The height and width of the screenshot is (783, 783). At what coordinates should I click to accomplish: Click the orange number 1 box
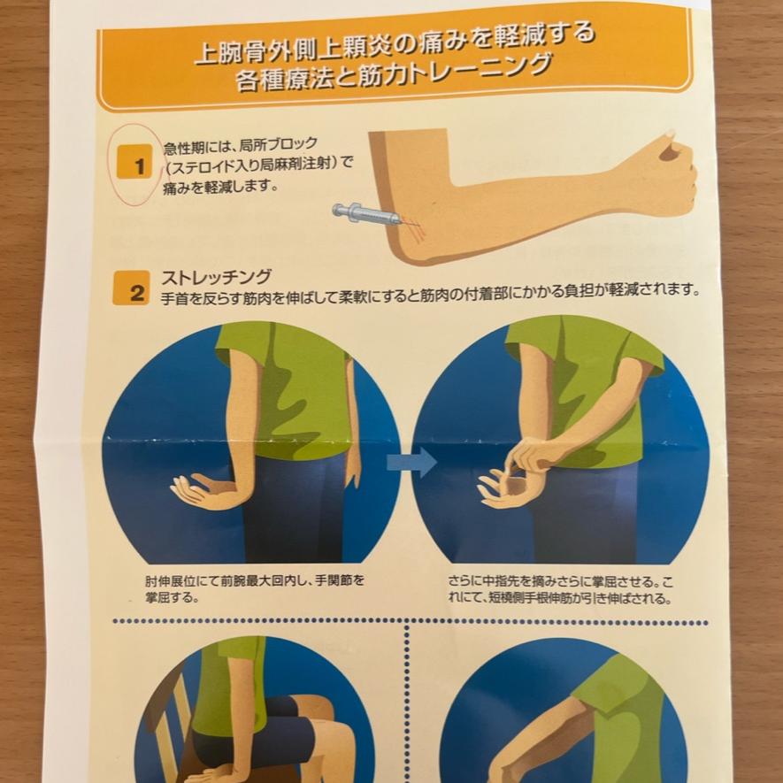point(134,163)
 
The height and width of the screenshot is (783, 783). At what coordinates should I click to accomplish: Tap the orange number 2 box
point(131,288)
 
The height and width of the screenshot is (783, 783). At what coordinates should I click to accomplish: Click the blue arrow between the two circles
point(412,462)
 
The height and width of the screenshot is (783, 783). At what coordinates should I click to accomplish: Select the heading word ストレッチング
point(216,277)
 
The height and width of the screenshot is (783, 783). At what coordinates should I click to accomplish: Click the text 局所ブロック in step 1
point(278,145)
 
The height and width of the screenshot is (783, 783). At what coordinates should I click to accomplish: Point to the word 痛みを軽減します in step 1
point(219,188)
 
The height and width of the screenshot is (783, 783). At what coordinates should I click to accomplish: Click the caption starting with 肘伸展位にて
point(255,588)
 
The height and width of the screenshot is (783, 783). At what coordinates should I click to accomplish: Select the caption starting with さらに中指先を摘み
point(560,589)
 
